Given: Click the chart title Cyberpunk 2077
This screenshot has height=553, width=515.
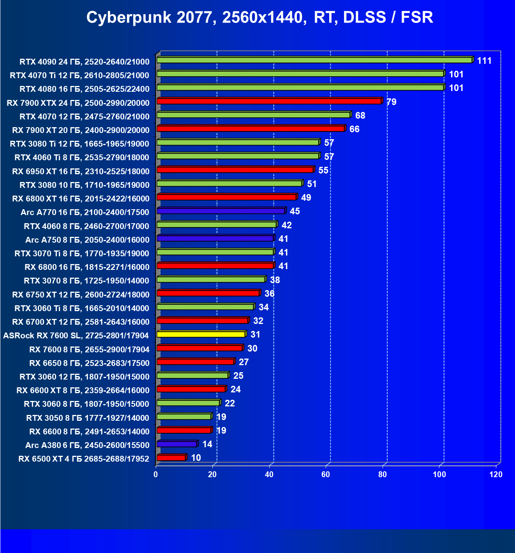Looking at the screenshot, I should coord(259,17).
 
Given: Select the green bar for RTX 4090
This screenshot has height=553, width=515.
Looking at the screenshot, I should coord(314,60).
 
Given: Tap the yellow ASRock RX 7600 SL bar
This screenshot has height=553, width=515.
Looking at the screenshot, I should coord(201,334).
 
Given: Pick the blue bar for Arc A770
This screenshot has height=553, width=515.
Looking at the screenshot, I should coord(221,211).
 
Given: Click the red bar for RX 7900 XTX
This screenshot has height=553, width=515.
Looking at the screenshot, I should coord(269,101).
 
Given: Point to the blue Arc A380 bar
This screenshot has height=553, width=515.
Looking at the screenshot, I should coord(177,444).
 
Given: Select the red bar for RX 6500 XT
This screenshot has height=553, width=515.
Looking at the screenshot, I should coord(171,458).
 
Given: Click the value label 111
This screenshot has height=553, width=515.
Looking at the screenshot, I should coord(484,61).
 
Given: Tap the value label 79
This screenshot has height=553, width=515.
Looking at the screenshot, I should coord(391,102).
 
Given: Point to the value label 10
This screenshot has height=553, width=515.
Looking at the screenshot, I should coord(196,458).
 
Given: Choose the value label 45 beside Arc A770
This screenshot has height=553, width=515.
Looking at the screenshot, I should coord(295,211).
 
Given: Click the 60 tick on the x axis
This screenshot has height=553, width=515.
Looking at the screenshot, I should coord(326,474).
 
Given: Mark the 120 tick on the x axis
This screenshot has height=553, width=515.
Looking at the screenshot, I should coord(496,474).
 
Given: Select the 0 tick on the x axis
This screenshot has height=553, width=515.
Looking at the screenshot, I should coord(156,474).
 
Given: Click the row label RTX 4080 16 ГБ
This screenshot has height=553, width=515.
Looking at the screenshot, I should coord(85,89).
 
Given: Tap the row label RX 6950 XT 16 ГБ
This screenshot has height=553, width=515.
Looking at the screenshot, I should coord(81,171).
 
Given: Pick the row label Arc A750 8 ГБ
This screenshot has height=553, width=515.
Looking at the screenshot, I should coord(87,240).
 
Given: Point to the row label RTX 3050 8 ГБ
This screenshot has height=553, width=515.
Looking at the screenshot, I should coord(88,418).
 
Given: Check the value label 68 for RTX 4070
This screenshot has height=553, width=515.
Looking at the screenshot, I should coord(360,115).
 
